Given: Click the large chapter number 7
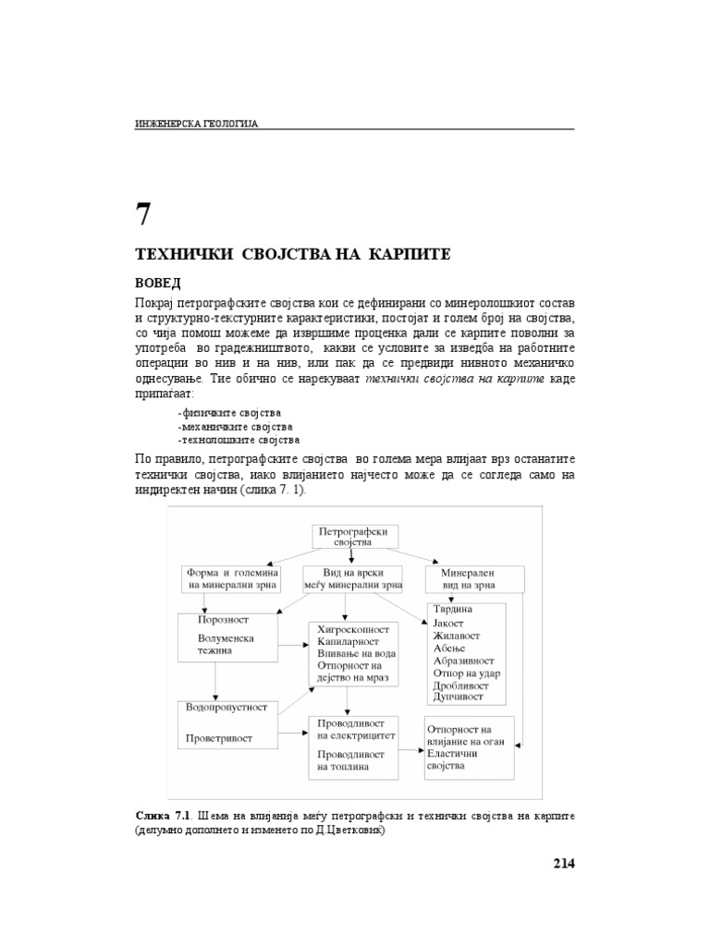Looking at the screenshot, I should pyautogui.click(x=143, y=214).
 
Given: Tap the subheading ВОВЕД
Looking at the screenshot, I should pyautogui.click(x=158, y=282).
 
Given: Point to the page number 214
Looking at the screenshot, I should pyautogui.click(x=563, y=863).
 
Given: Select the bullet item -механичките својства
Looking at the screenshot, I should pyautogui.click(x=235, y=427).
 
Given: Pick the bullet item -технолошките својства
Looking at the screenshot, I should pyautogui.click(x=239, y=441).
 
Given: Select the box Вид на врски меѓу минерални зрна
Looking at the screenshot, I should pyautogui.click(x=352, y=578).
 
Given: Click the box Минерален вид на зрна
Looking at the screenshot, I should pyautogui.click(x=475, y=578).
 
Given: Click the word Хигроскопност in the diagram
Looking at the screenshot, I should pyautogui.click(x=352, y=628).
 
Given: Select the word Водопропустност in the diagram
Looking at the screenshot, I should pyautogui.click(x=226, y=707).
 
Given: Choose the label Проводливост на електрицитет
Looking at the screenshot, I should pyautogui.click(x=356, y=730).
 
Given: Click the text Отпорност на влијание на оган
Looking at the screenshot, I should pyautogui.click(x=464, y=735).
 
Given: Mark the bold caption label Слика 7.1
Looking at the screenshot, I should pyautogui.click(x=162, y=817).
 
